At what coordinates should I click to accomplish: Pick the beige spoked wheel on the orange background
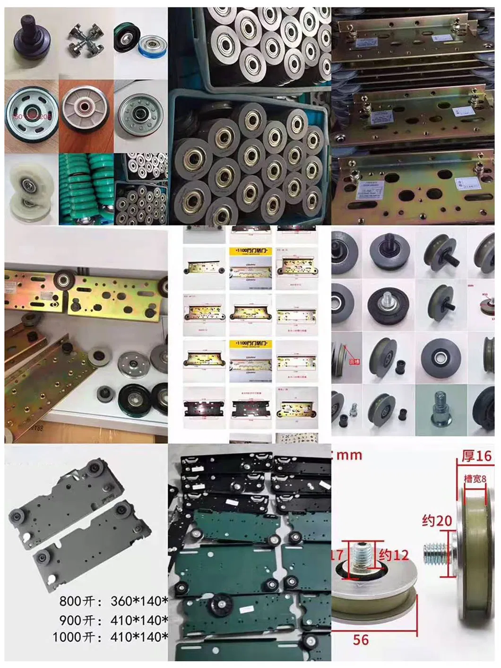click(x=86, y=113)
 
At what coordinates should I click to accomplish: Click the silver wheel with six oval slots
click(x=30, y=115)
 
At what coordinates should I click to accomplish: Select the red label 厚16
click(x=476, y=456)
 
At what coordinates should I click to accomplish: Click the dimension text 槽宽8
click(x=475, y=478)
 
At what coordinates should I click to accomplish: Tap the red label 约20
click(x=437, y=521)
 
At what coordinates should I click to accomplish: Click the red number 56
click(x=361, y=640)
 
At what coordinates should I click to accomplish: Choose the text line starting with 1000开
click(x=110, y=637)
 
